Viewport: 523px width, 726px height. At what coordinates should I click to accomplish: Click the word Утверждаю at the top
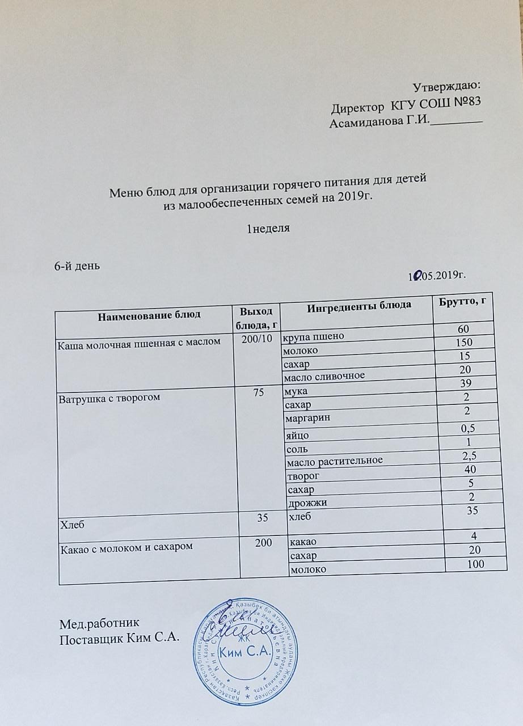[446, 87]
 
